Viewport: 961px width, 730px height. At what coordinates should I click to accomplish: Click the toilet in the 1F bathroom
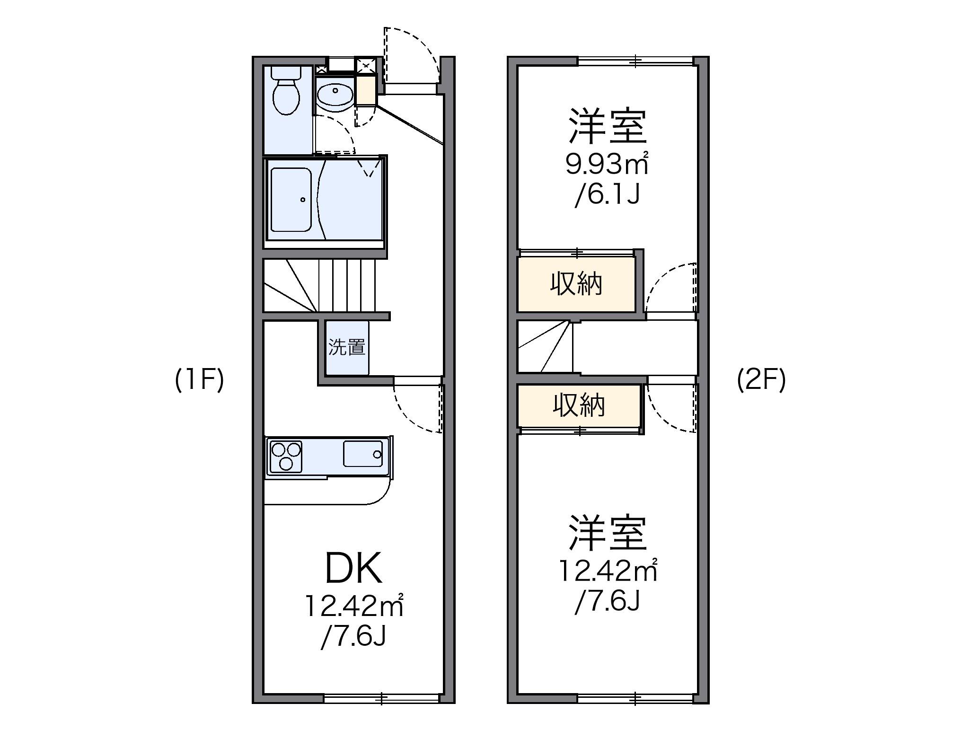coord(286,95)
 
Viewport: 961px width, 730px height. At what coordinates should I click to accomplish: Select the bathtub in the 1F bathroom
coord(291,200)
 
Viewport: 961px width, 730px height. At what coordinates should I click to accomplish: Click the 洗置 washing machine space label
coord(347,348)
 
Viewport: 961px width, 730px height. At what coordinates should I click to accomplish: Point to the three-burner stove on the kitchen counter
coord(285,456)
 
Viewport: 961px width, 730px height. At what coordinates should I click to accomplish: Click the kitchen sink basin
coord(363,454)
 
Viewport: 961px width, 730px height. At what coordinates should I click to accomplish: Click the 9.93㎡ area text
coord(607,164)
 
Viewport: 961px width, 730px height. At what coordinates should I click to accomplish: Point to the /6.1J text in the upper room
coord(608,194)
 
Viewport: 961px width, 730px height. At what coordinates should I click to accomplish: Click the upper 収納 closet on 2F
coord(576,284)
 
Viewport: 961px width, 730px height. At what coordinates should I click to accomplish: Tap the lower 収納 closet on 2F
coord(579,405)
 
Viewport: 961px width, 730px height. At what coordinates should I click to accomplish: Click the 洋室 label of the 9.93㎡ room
coord(608,126)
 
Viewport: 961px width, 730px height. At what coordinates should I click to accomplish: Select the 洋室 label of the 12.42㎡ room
coord(608,533)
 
